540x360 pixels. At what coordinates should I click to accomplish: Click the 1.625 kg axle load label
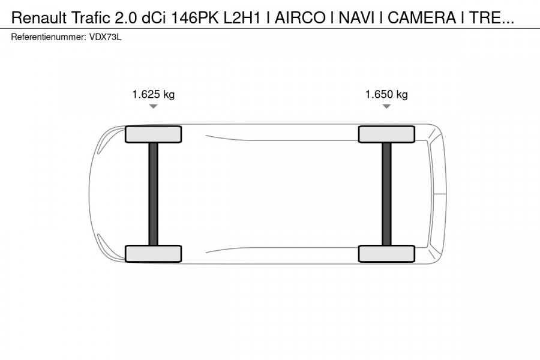pos(153,94)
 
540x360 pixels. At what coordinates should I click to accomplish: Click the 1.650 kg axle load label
pos(386,94)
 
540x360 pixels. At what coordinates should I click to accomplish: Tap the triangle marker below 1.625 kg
pos(153,106)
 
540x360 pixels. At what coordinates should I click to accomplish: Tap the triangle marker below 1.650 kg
pos(386,106)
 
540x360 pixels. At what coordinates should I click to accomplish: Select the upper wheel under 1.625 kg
pos(153,134)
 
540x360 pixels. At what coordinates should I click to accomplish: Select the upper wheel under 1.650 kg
pos(386,134)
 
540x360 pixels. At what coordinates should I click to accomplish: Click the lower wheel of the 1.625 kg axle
pos(153,254)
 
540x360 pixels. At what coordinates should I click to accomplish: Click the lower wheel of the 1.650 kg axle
pos(386,254)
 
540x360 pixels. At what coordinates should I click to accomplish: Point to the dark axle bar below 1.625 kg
pos(153,194)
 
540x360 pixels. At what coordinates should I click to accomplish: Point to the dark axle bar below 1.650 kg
pos(386,194)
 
